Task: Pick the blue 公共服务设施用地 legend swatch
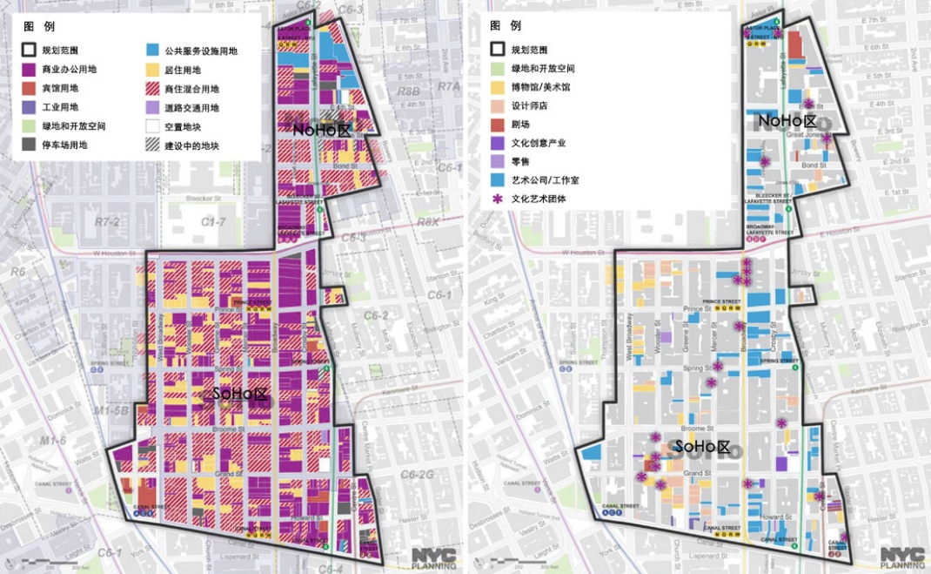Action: point(152,51)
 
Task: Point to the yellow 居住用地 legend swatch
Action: point(152,70)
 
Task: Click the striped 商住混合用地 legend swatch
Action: point(152,88)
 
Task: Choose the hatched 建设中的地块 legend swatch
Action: point(152,145)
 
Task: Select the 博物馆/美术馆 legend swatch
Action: point(498,87)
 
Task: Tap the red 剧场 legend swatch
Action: point(498,125)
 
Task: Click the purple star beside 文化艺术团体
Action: point(498,199)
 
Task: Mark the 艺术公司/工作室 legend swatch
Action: point(498,180)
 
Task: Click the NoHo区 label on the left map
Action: point(319,129)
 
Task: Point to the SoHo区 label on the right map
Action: point(700,447)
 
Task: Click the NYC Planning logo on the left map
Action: point(432,557)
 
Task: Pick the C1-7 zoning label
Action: point(213,222)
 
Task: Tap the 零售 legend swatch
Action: point(498,162)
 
